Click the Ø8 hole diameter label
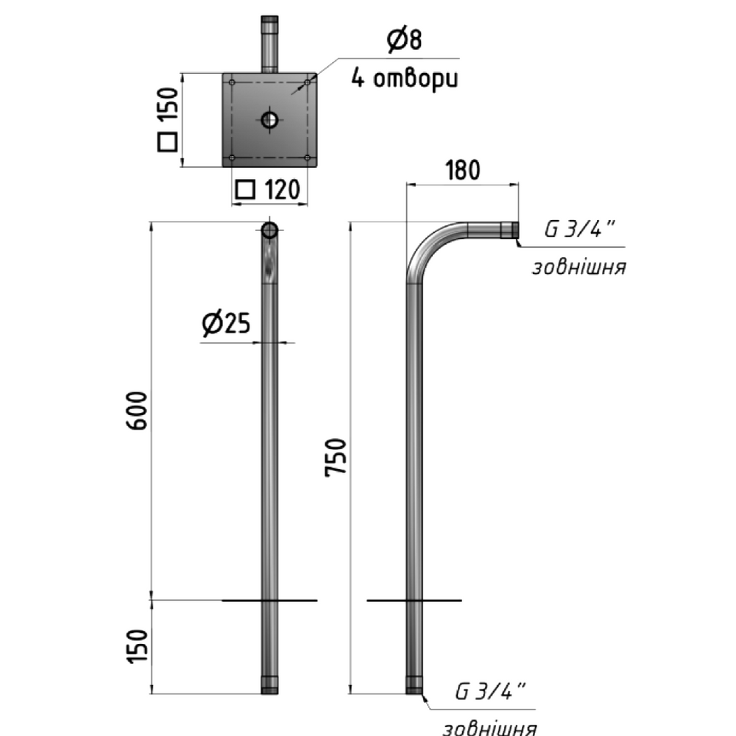[405, 40]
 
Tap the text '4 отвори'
[405, 79]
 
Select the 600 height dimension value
[137, 411]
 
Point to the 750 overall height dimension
[336, 457]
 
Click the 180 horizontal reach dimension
[462, 170]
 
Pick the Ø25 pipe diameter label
[226, 323]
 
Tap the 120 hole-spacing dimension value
[282, 190]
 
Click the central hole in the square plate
[269, 120]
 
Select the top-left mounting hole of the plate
[232, 82]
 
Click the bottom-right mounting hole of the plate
[307, 158]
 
